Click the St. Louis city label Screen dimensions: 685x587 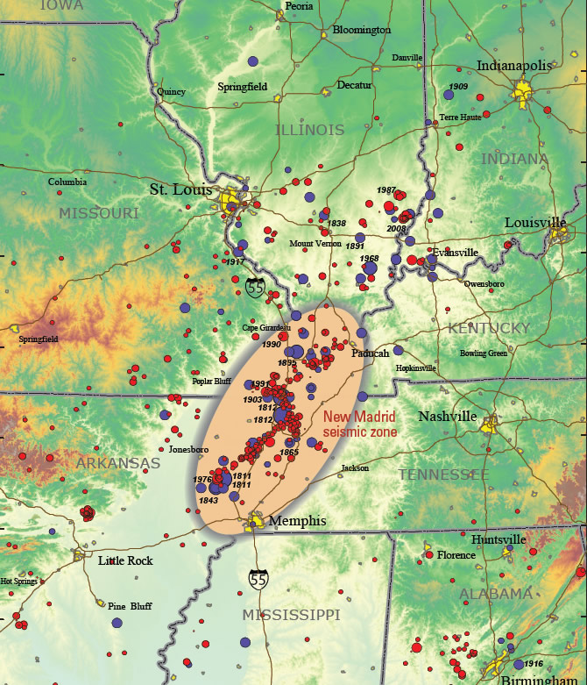182,189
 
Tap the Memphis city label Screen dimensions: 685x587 297,521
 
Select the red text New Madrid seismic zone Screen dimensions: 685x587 359,425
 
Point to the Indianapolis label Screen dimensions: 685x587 513,65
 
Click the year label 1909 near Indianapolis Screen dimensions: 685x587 458,87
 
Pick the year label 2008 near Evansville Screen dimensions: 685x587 397,228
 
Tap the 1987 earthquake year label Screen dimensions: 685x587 386,190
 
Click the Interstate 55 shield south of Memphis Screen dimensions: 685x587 258,580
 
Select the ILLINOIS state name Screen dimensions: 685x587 309,130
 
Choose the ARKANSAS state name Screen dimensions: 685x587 117,463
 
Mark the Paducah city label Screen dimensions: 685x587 370,353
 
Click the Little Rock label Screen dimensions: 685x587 125,560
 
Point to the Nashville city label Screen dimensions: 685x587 447,417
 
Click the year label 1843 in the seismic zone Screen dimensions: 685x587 209,500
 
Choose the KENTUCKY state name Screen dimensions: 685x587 489,328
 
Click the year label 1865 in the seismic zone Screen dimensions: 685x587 290,453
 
